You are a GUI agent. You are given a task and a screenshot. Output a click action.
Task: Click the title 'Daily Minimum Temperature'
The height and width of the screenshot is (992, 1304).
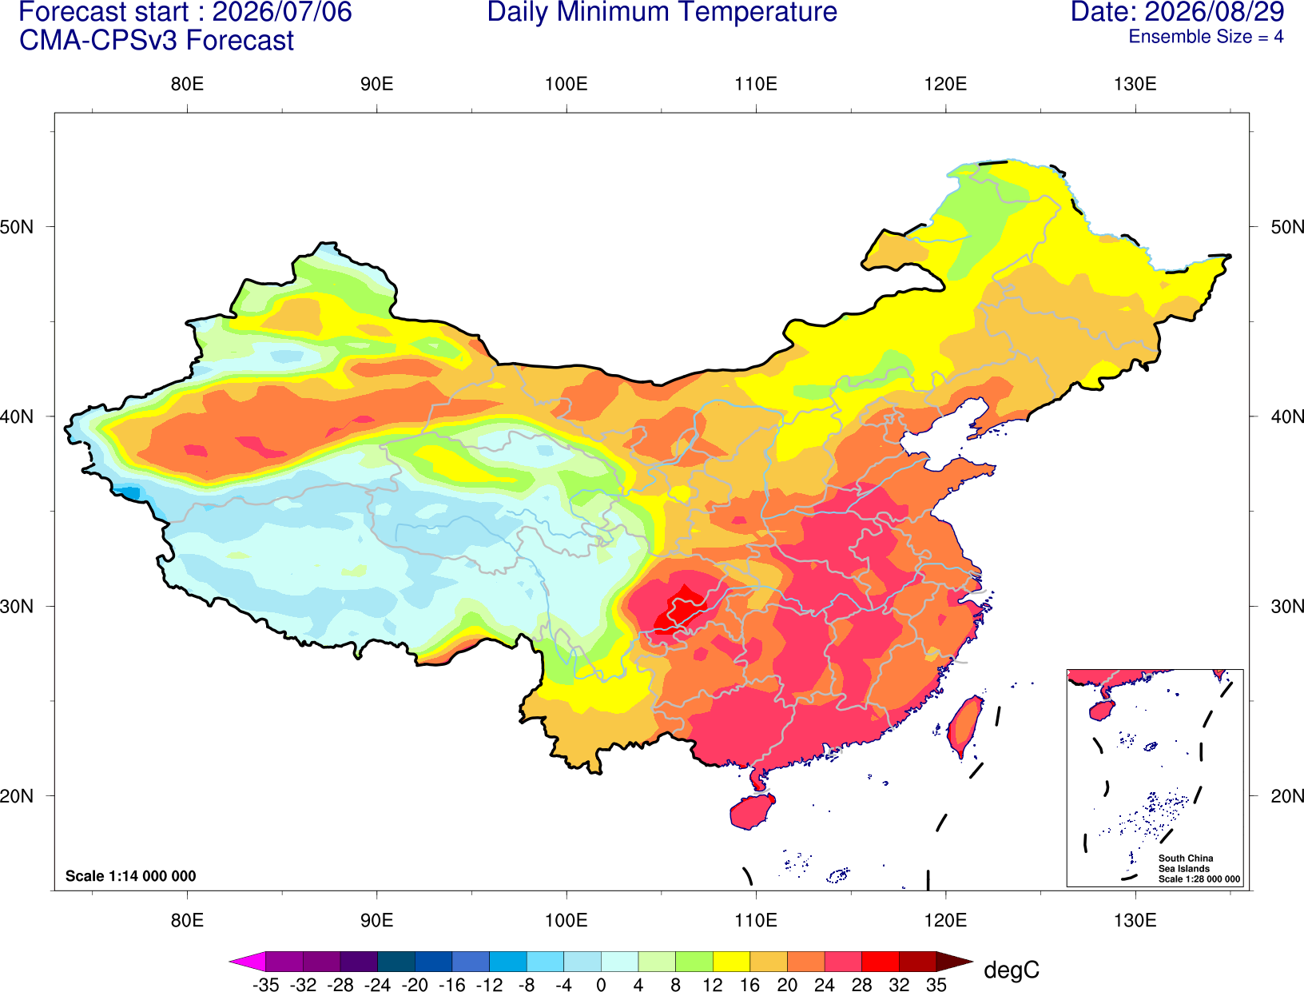tap(662, 12)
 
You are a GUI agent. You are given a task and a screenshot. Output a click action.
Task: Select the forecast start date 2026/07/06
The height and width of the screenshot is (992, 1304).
tap(282, 12)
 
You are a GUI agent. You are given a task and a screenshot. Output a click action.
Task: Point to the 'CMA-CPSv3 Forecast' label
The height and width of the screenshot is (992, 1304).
tap(157, 41)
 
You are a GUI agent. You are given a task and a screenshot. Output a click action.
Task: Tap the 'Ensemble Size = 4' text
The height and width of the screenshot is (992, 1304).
tap(1206, 37)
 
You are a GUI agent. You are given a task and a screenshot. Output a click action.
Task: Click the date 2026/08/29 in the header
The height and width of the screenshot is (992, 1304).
tap(1215, 12)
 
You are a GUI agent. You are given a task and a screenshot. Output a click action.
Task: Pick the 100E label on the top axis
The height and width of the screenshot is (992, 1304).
tap(567, 84)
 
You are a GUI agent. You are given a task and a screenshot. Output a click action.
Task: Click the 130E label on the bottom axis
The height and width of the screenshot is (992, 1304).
tap(1135, 921)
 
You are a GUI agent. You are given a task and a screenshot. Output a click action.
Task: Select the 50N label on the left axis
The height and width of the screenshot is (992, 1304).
tap(17, 226)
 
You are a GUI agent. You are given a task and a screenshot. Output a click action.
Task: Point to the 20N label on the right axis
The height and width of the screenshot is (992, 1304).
tap(1286, 795)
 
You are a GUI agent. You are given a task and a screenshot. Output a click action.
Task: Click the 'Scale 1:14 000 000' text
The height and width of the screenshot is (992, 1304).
tap(131, 875)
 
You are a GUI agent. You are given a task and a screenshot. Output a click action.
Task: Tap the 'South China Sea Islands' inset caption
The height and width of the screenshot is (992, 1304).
tap(1186, 863)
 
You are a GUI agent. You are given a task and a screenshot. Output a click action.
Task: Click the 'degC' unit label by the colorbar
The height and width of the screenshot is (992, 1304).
tap(1011, 970)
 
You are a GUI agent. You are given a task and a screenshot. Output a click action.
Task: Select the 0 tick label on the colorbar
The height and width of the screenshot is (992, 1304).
tap(601, 985)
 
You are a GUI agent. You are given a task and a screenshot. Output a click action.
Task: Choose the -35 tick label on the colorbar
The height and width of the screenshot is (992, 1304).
tap(265, 985)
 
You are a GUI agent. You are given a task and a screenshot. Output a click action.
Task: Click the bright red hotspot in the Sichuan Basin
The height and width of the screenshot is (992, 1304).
tap(680, 616)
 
